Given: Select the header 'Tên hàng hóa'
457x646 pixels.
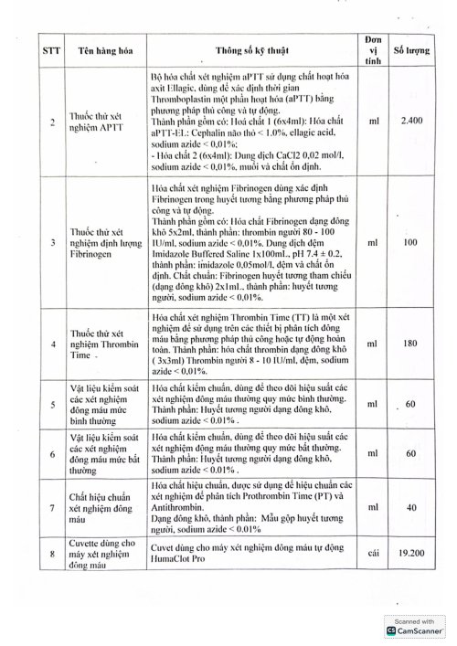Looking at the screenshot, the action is point(101,52).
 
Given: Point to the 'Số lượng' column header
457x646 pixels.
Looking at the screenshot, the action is point(410,52).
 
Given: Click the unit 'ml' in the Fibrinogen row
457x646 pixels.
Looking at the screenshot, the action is point(372,219).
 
